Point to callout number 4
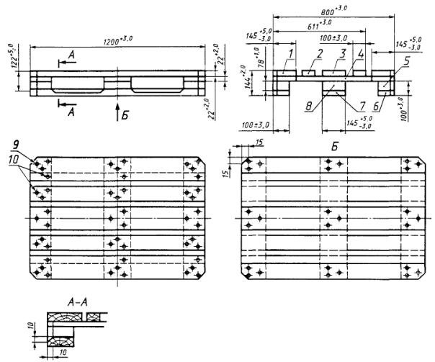click(x=361, y=54)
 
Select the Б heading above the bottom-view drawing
click(x=332, y=145)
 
